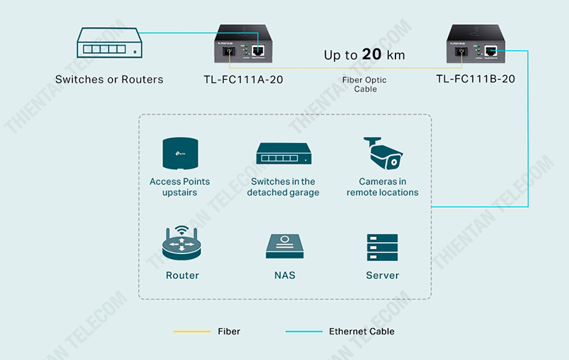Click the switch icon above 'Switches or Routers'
point(109,45)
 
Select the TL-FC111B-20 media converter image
point(476,44)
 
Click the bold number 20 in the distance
point(372,55)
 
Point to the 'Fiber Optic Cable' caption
point(365,85)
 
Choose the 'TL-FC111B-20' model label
point(476,79)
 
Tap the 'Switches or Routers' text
point(109,80)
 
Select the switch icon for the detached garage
point(283,153)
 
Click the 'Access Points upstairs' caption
point(179,187)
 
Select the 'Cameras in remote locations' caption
point(383,187)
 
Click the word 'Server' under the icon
point(383,275)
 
